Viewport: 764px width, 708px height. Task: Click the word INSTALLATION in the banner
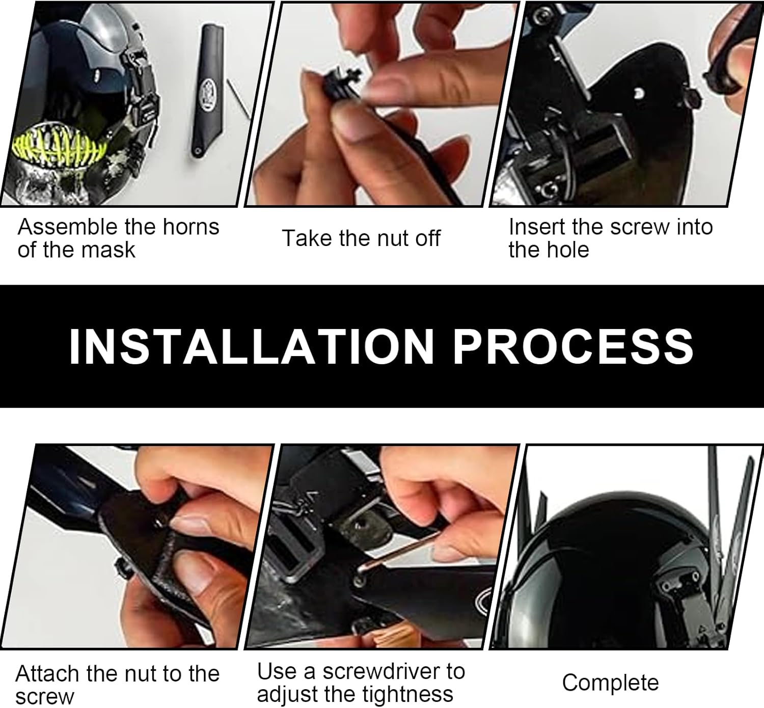[251, 346]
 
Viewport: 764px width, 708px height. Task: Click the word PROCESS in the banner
[574, 346]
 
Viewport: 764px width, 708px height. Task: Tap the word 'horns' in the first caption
[191, 227]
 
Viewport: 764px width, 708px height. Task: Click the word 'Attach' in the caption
[48, 674]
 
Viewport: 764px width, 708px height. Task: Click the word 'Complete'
[611, 683]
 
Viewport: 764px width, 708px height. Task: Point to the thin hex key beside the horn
[238, 98]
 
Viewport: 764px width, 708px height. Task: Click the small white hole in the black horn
[638, 93]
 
